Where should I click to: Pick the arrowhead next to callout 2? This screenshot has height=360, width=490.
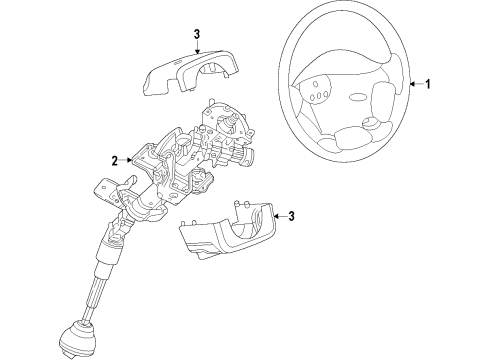129,160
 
